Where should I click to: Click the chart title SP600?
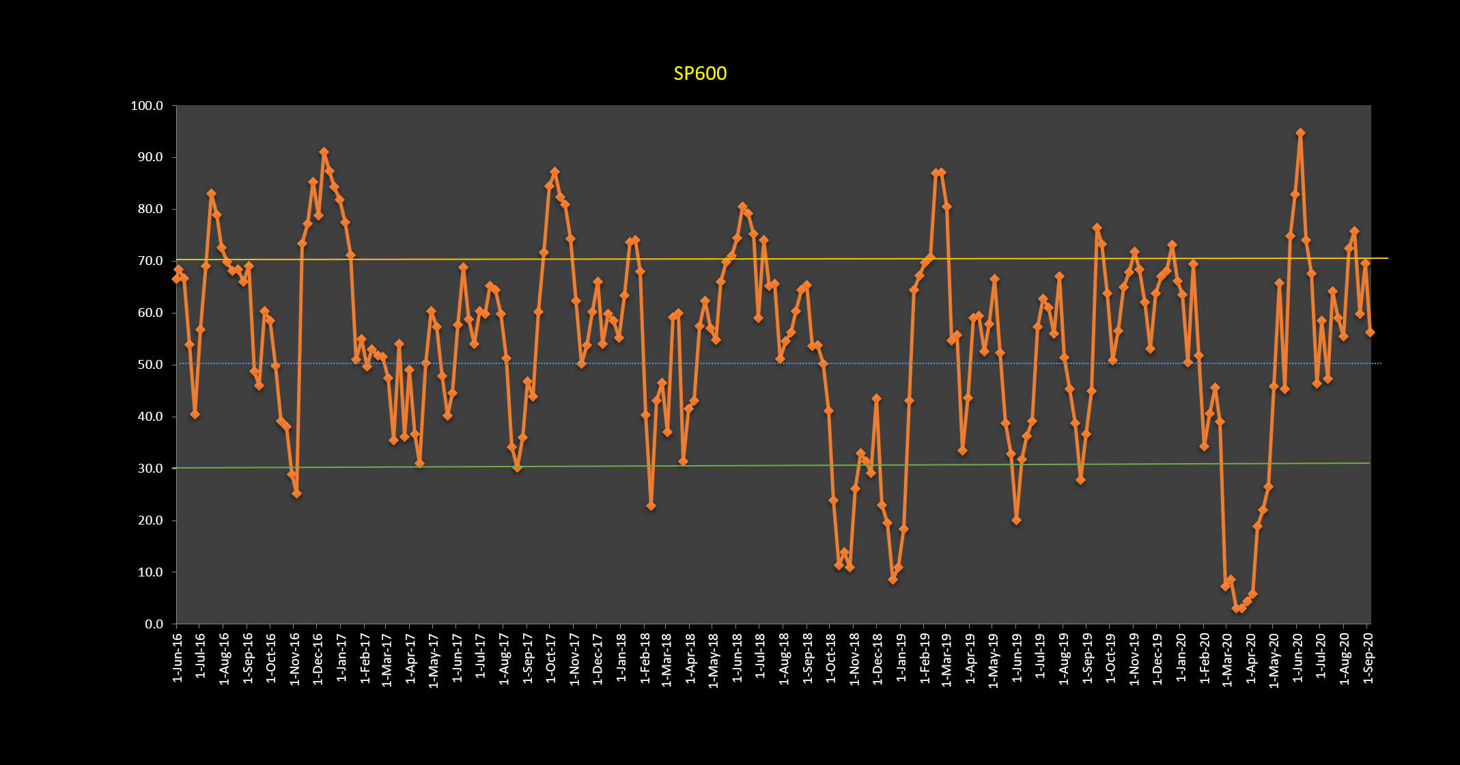click(700, 74)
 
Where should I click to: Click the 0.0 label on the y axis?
click(154, 624)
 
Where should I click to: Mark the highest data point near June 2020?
click(1300, 133)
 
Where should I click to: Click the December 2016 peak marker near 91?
click(324, 152)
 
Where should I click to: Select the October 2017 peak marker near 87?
click(554, 171)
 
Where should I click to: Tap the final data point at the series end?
click(1370, 332)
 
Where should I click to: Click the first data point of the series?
click(176, 279)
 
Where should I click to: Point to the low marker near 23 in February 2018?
click(651, 506)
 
